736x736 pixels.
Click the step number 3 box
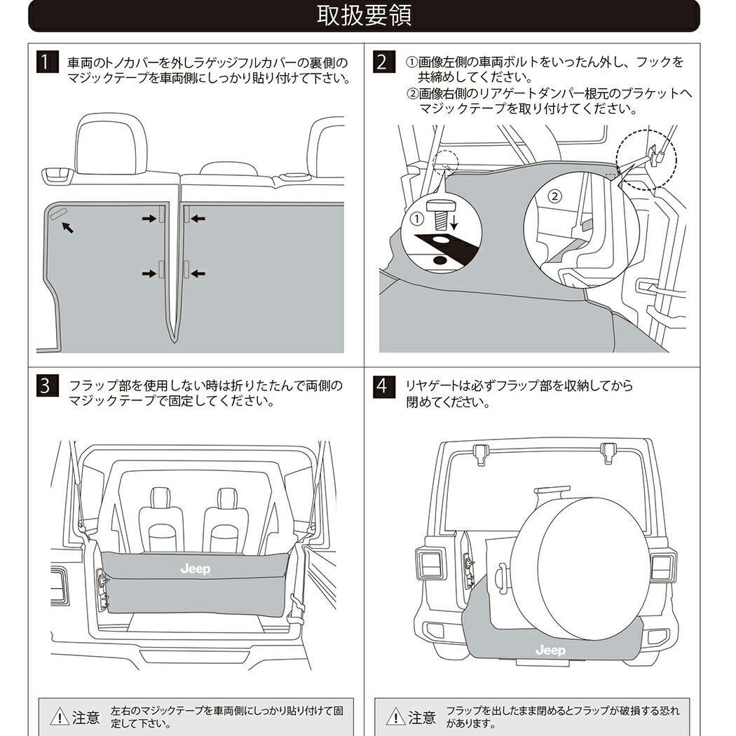click(x=46, y=386)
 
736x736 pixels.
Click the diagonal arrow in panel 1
click(x=67, y=227)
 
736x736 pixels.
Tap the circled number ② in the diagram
click(x=554, y=196)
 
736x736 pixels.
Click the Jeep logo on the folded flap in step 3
click(x=195, y=569)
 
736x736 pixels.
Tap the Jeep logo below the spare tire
click(x=550, y=650)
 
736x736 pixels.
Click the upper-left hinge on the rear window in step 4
click(x=480, y=452)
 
